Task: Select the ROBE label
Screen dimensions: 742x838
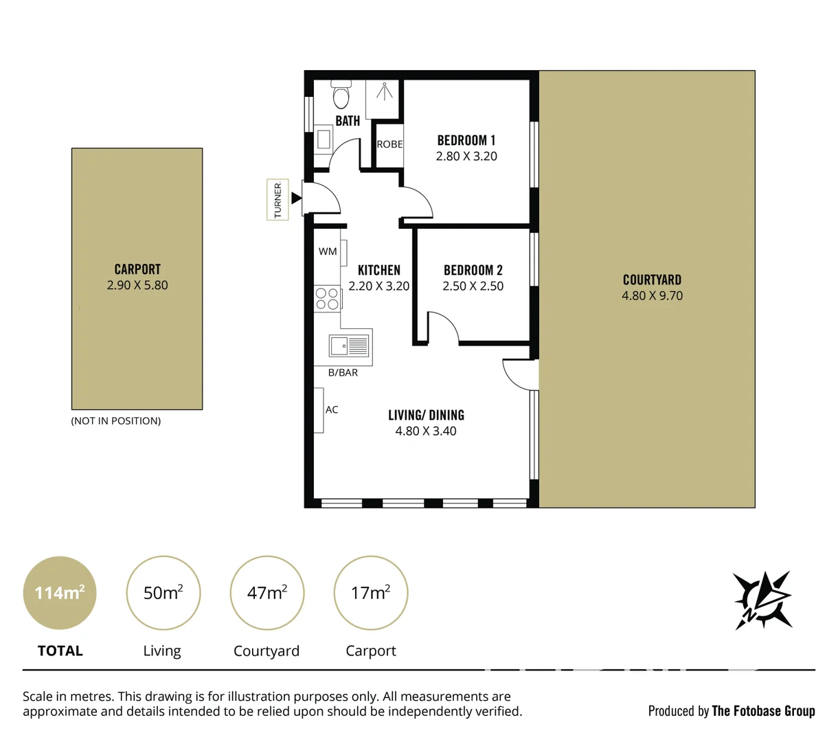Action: (389, 144)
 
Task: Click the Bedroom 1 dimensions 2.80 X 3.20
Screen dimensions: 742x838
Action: (466, 157)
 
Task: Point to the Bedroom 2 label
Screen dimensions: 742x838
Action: (473, 270)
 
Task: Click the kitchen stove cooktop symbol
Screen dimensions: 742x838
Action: (327, 299)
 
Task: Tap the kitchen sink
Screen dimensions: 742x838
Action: (350, 346)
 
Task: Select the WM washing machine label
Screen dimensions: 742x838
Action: (328, 251)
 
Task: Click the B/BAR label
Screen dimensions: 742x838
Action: (343, 372)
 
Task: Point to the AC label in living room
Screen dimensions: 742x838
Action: (332, 409)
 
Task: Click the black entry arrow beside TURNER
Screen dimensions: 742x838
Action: (296, 199)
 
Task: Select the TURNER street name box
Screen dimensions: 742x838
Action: (278, 199)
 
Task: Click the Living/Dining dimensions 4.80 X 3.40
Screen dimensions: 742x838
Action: (425, 431)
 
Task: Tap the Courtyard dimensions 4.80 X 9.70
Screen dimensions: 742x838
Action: (652, 296)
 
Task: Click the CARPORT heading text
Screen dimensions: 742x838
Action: (137, 269)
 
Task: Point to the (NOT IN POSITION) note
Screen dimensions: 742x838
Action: (116, 420)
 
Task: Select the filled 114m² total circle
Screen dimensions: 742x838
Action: (60, 592)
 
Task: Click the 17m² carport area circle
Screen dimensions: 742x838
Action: (370, 592)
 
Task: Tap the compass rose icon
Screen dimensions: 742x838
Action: (762, 599)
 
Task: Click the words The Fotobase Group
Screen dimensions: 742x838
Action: (763, 711)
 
